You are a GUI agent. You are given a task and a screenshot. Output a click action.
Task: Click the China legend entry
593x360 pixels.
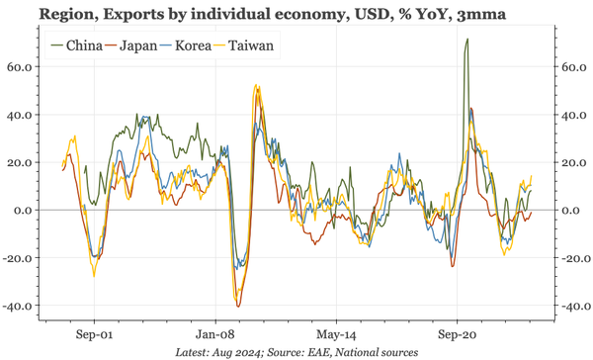click(82, 45)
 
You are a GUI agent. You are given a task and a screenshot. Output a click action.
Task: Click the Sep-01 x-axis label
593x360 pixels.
click(93, 334)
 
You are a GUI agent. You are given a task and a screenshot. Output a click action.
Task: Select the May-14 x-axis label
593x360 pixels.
click(334, 334)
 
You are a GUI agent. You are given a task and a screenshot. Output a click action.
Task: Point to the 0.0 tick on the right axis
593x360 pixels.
click(570, 211)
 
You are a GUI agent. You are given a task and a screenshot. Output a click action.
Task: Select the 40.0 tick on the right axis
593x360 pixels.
click(572, 115)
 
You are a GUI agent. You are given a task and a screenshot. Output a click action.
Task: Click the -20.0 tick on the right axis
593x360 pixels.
click(574, 258)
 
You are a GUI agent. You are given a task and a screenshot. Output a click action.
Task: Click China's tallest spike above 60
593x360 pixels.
click(466, 41)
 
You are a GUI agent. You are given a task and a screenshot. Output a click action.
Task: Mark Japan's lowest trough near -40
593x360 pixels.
click(238, 305)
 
